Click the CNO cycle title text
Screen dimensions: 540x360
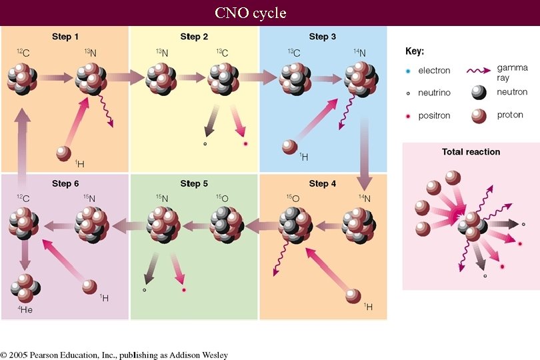[x=250, y=13]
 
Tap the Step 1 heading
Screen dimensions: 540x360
[x=65, y=36]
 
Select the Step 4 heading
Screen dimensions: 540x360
[x=322, y=183]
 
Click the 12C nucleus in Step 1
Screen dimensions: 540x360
[x=23, y=78]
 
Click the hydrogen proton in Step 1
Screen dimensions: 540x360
[x=63, y=153]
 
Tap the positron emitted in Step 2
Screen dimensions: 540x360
[x=245, y=144]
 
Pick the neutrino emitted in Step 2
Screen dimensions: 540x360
[x=205, y=143]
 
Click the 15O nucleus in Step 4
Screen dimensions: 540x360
[x=294, y=225]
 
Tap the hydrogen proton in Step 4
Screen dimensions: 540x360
[x=354, y=296]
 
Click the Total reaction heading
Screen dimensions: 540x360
[x=471, y=152]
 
